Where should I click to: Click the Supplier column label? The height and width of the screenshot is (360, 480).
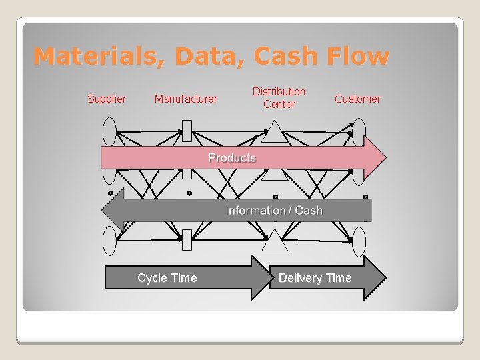(x=107, y=99)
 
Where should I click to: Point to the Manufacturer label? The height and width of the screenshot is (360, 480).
(x=185, y=99)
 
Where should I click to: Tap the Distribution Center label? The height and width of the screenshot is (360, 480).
(x=279, y=97)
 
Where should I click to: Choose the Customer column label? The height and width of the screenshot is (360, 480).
(x=357, y=99)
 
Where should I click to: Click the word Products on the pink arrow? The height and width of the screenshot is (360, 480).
(x=232, y=158)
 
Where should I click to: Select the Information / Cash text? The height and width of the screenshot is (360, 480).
(x=274, y=211)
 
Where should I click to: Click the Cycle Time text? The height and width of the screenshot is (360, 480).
(x=167, y=278)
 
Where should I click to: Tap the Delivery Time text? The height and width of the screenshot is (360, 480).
(x=315, y=278)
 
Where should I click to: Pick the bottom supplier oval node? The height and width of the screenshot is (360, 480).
(x=109, y=241)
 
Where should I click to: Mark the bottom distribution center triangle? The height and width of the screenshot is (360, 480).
(x=274, y=242)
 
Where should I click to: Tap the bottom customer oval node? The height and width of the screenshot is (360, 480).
(x=359, y=241)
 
